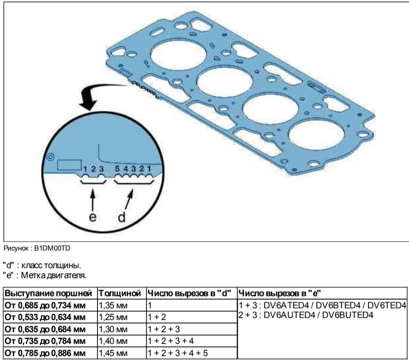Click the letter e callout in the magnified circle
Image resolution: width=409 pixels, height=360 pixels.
pyautogui.click(x=92, y=217)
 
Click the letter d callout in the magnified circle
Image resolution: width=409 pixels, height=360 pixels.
pyautogui.click(x=122, y=216)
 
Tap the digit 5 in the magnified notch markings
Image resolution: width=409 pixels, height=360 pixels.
pyautogui.click(x=118, y=169)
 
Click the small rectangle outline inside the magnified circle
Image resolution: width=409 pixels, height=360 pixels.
pyautogui.click(x=69, y=165)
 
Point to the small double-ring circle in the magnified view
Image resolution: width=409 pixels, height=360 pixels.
pyautogui.click(x=50, y=157)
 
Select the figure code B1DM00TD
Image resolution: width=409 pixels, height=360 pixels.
pyautogui.click(x=52, y=248)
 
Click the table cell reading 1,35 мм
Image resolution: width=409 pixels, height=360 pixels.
pyautogui.click(x=113, y=305)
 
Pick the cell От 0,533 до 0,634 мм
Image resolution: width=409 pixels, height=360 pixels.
pyautogui.click(x=45, y=317)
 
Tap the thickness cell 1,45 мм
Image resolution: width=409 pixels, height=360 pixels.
pyautogui.click(x=113, y=353)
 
